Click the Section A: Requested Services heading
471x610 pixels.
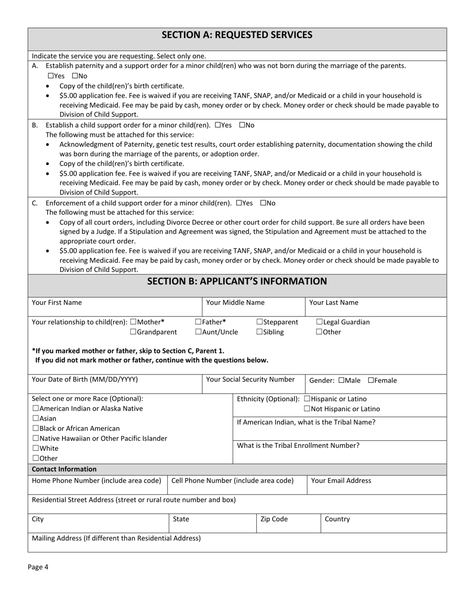[x=237, y=35]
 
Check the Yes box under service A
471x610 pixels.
[x=51, y=76]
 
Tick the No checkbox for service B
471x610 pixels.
[x=242, y=125]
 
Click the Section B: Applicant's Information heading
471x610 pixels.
[x=237, y=281]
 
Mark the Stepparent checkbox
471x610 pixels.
[x=260, y=322]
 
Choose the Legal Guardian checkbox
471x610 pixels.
[x=319, y=322]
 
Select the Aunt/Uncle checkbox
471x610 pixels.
[x=198, y=332]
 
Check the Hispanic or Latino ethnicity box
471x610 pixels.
[x=307, y=399]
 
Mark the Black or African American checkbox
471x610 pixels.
[x=35, y=428]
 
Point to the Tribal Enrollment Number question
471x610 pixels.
[x=298, y=445]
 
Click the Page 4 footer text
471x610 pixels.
[x=38, y=567]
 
